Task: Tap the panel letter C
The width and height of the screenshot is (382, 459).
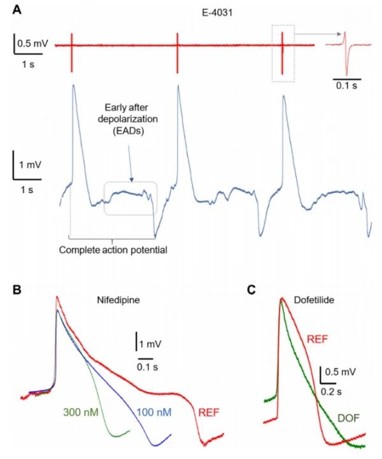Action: (x=251, y=288)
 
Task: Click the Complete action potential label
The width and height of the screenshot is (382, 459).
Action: (x=113, y=250)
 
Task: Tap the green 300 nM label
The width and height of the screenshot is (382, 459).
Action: (x=80, y=411)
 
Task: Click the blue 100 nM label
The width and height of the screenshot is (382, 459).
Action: (x=154, y=411)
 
